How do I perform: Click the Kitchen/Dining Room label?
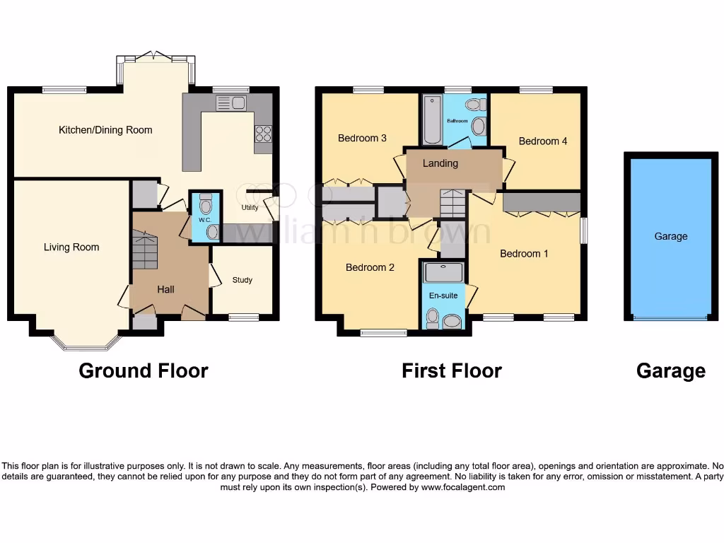tap(105, 130)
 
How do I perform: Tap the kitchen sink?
tap(231, 104)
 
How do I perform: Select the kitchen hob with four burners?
tap(263, 134)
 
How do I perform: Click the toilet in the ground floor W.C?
tap(206, 206)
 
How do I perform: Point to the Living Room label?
tap(71, 247)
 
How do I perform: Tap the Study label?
tap(243, 280)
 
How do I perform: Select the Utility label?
tap(250, 208)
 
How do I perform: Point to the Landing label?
tap(440, 163)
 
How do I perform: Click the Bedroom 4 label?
tap(543, 141)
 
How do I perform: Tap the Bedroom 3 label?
tap(362, 139)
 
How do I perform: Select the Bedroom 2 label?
tap(370, 267)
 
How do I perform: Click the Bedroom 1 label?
tap(524, 254)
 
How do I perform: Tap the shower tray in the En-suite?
tap(443, 272)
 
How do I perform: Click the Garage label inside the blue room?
tap(670, 237)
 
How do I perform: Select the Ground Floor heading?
tap(144, 370)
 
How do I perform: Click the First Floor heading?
tap(452, 370)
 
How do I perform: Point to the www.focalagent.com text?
tap(462, 487)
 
